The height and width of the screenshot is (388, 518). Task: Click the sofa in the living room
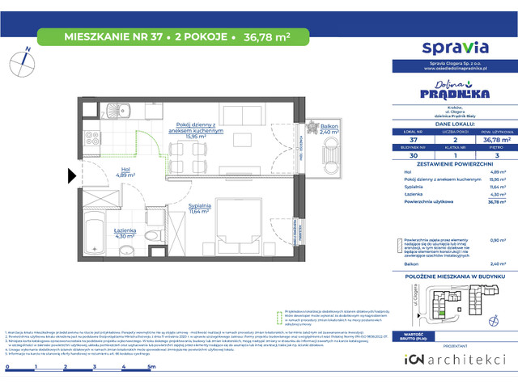coord(246,112)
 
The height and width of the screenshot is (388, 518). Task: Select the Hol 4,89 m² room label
coord(103,171)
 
